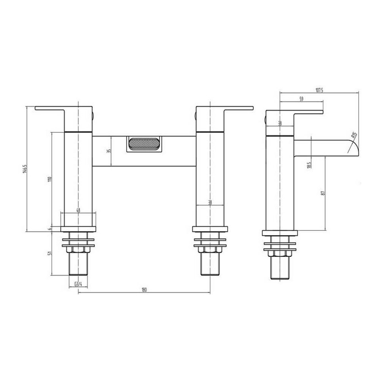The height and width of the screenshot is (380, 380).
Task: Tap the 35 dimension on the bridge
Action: (109, 151)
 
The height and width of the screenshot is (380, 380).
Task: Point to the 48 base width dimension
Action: (78, 211)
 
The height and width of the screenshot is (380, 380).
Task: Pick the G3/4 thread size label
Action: (78, 284)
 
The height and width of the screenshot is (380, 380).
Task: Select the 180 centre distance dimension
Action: (144, 290)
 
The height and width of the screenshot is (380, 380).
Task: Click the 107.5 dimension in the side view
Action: (319, 90)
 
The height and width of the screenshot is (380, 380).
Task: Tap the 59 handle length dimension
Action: (302, 100)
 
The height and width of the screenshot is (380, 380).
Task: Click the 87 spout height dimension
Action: (323, 193)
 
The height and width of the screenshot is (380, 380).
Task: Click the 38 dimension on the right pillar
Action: (210, 203)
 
